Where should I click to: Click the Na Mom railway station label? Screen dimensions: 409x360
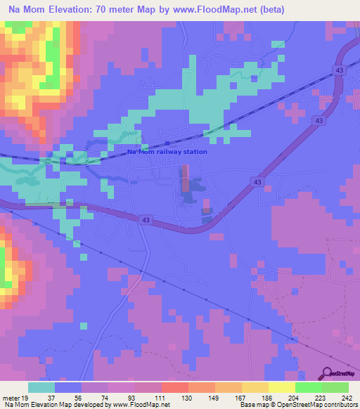tap(167, 152)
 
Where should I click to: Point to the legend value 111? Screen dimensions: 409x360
tap(159, 397)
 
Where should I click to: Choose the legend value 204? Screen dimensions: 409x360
tap(292, 397)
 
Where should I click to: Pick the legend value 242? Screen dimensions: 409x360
tap(345, 397)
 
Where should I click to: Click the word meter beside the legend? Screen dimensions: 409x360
tap(11, 397)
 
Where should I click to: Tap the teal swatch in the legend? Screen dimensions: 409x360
tap(41, 387)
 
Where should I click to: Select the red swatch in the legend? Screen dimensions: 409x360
tap(175, 387)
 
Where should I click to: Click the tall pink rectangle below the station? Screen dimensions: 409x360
tap(186, 180)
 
